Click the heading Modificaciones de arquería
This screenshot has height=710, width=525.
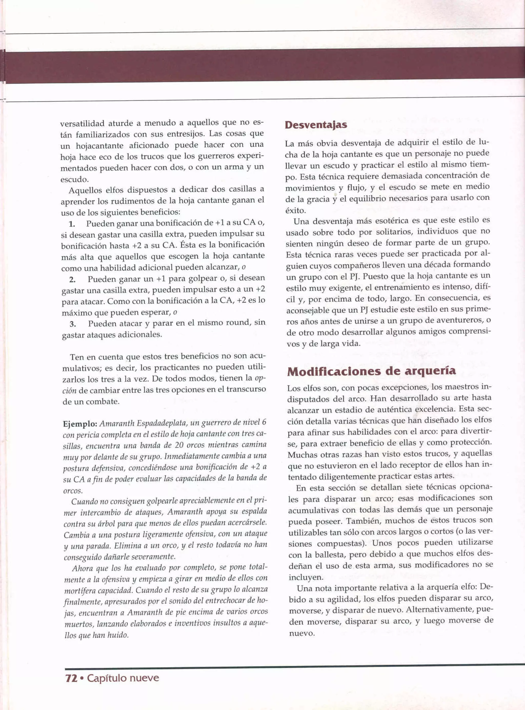[371, 372]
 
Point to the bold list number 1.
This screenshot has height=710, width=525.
[72, 224]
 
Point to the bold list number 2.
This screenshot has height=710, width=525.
[72, 280]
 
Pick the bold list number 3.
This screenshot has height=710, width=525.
[73, 324]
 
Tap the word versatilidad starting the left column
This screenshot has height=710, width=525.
[82, 123]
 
